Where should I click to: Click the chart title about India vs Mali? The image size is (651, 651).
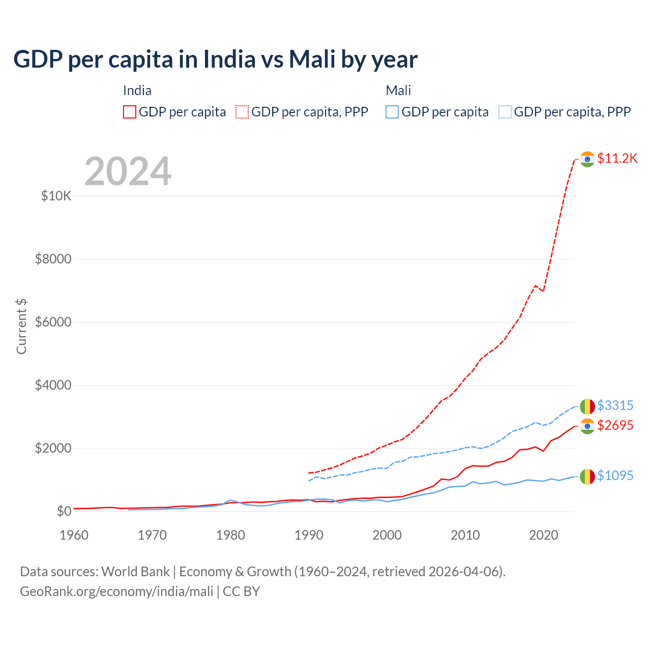coord(215,60)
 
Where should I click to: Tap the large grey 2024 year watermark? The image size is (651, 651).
coord(128,171)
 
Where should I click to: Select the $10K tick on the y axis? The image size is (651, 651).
coord(56,196)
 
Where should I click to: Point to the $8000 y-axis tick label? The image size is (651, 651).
coord(53,259)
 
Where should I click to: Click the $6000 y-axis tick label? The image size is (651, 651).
coord(53,322)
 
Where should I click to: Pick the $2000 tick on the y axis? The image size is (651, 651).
coord(53,448)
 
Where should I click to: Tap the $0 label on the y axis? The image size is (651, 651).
coord(64,511)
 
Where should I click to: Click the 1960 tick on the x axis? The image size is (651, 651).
coord(74,535)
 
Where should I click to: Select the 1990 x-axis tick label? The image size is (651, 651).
coord(309,535)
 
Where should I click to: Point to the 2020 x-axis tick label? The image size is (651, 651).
coord(544,535)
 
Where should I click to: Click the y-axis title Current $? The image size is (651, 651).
coord(21,326)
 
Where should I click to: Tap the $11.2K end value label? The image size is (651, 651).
coord(617,158)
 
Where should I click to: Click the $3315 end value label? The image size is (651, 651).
coord(615,405)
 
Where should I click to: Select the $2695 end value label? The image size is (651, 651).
coord(615,425)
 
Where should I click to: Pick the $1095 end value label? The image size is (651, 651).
coord(615,476)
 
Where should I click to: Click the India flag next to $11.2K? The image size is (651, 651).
coord(587,159)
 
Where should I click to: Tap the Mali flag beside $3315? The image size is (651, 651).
coord(587,406)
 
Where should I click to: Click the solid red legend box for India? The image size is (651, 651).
coord(130,112)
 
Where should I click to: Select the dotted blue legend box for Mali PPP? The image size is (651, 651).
coord(505,112)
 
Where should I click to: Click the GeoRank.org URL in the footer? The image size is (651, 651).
coord(116,591)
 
